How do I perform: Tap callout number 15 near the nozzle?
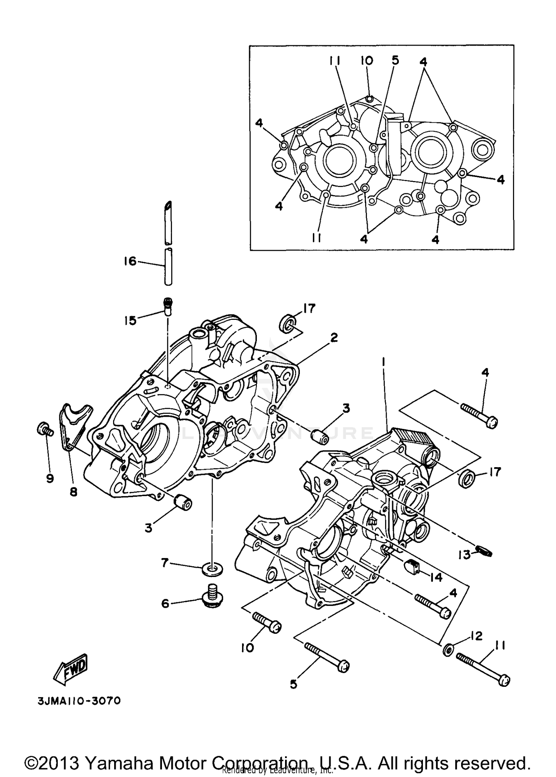point(130,320)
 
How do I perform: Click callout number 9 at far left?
point(50,478)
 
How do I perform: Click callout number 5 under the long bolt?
point(294,684)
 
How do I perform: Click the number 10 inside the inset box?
point(367,60)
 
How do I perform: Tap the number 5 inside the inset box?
point(396,60)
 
